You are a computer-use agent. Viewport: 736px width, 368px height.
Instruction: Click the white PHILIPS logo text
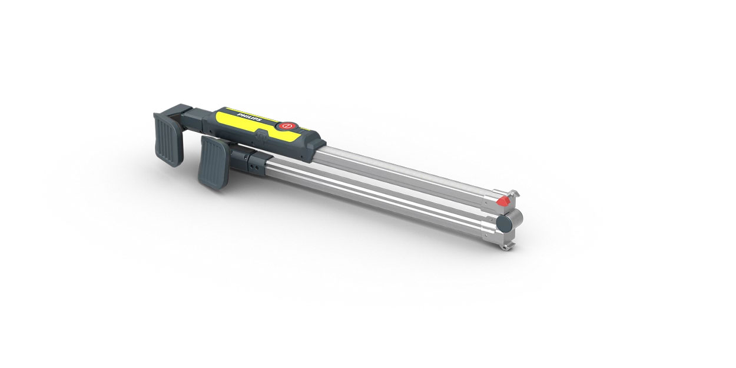249,117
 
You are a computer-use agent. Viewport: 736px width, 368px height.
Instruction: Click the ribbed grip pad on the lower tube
213,163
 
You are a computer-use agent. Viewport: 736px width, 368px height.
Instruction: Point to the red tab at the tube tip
503,201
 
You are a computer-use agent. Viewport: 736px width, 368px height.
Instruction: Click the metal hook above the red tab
515,194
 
